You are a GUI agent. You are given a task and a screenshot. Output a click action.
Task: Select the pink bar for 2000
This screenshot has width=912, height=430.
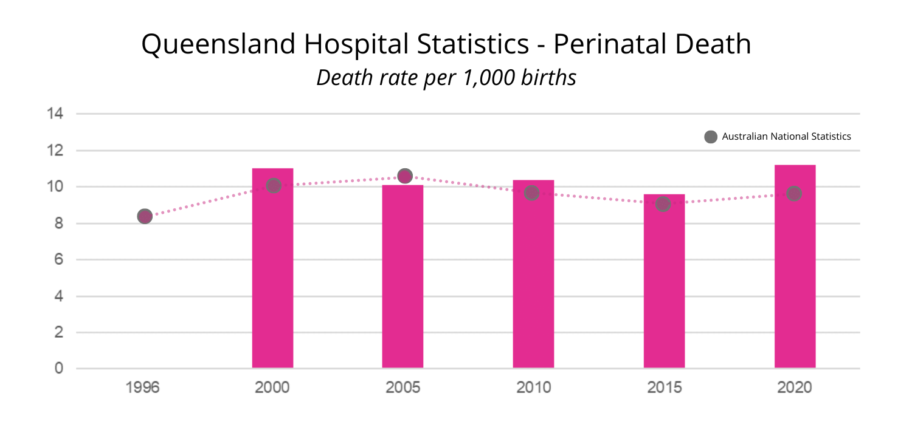coord(272,273)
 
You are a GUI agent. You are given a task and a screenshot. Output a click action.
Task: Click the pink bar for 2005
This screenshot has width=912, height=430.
coord(402,279)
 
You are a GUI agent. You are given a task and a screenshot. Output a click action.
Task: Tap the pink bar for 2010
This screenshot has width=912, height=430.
coord(533,279)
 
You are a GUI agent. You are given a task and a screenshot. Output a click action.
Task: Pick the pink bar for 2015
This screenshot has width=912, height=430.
coord(664,285)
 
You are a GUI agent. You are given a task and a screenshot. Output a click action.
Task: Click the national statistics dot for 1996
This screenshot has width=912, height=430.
coord(145,216)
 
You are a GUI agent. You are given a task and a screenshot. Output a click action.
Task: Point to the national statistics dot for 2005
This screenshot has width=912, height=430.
coord(405,176)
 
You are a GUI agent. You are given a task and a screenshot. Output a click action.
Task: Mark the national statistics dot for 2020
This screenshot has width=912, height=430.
coord(794,194)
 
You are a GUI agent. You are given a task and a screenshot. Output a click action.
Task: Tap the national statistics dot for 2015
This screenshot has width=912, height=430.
coord(663,204)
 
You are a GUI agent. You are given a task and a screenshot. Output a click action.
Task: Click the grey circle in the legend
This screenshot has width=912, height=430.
coord(710,137)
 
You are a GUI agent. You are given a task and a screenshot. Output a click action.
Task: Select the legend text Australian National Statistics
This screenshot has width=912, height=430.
coord(786,137)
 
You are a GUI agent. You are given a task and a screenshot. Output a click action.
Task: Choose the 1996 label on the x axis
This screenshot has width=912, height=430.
coord(142,387)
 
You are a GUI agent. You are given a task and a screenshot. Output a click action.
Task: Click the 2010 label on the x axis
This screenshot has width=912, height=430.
coord(533,387)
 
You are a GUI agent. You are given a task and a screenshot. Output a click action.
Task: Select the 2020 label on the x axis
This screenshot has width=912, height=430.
coord(794,387)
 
